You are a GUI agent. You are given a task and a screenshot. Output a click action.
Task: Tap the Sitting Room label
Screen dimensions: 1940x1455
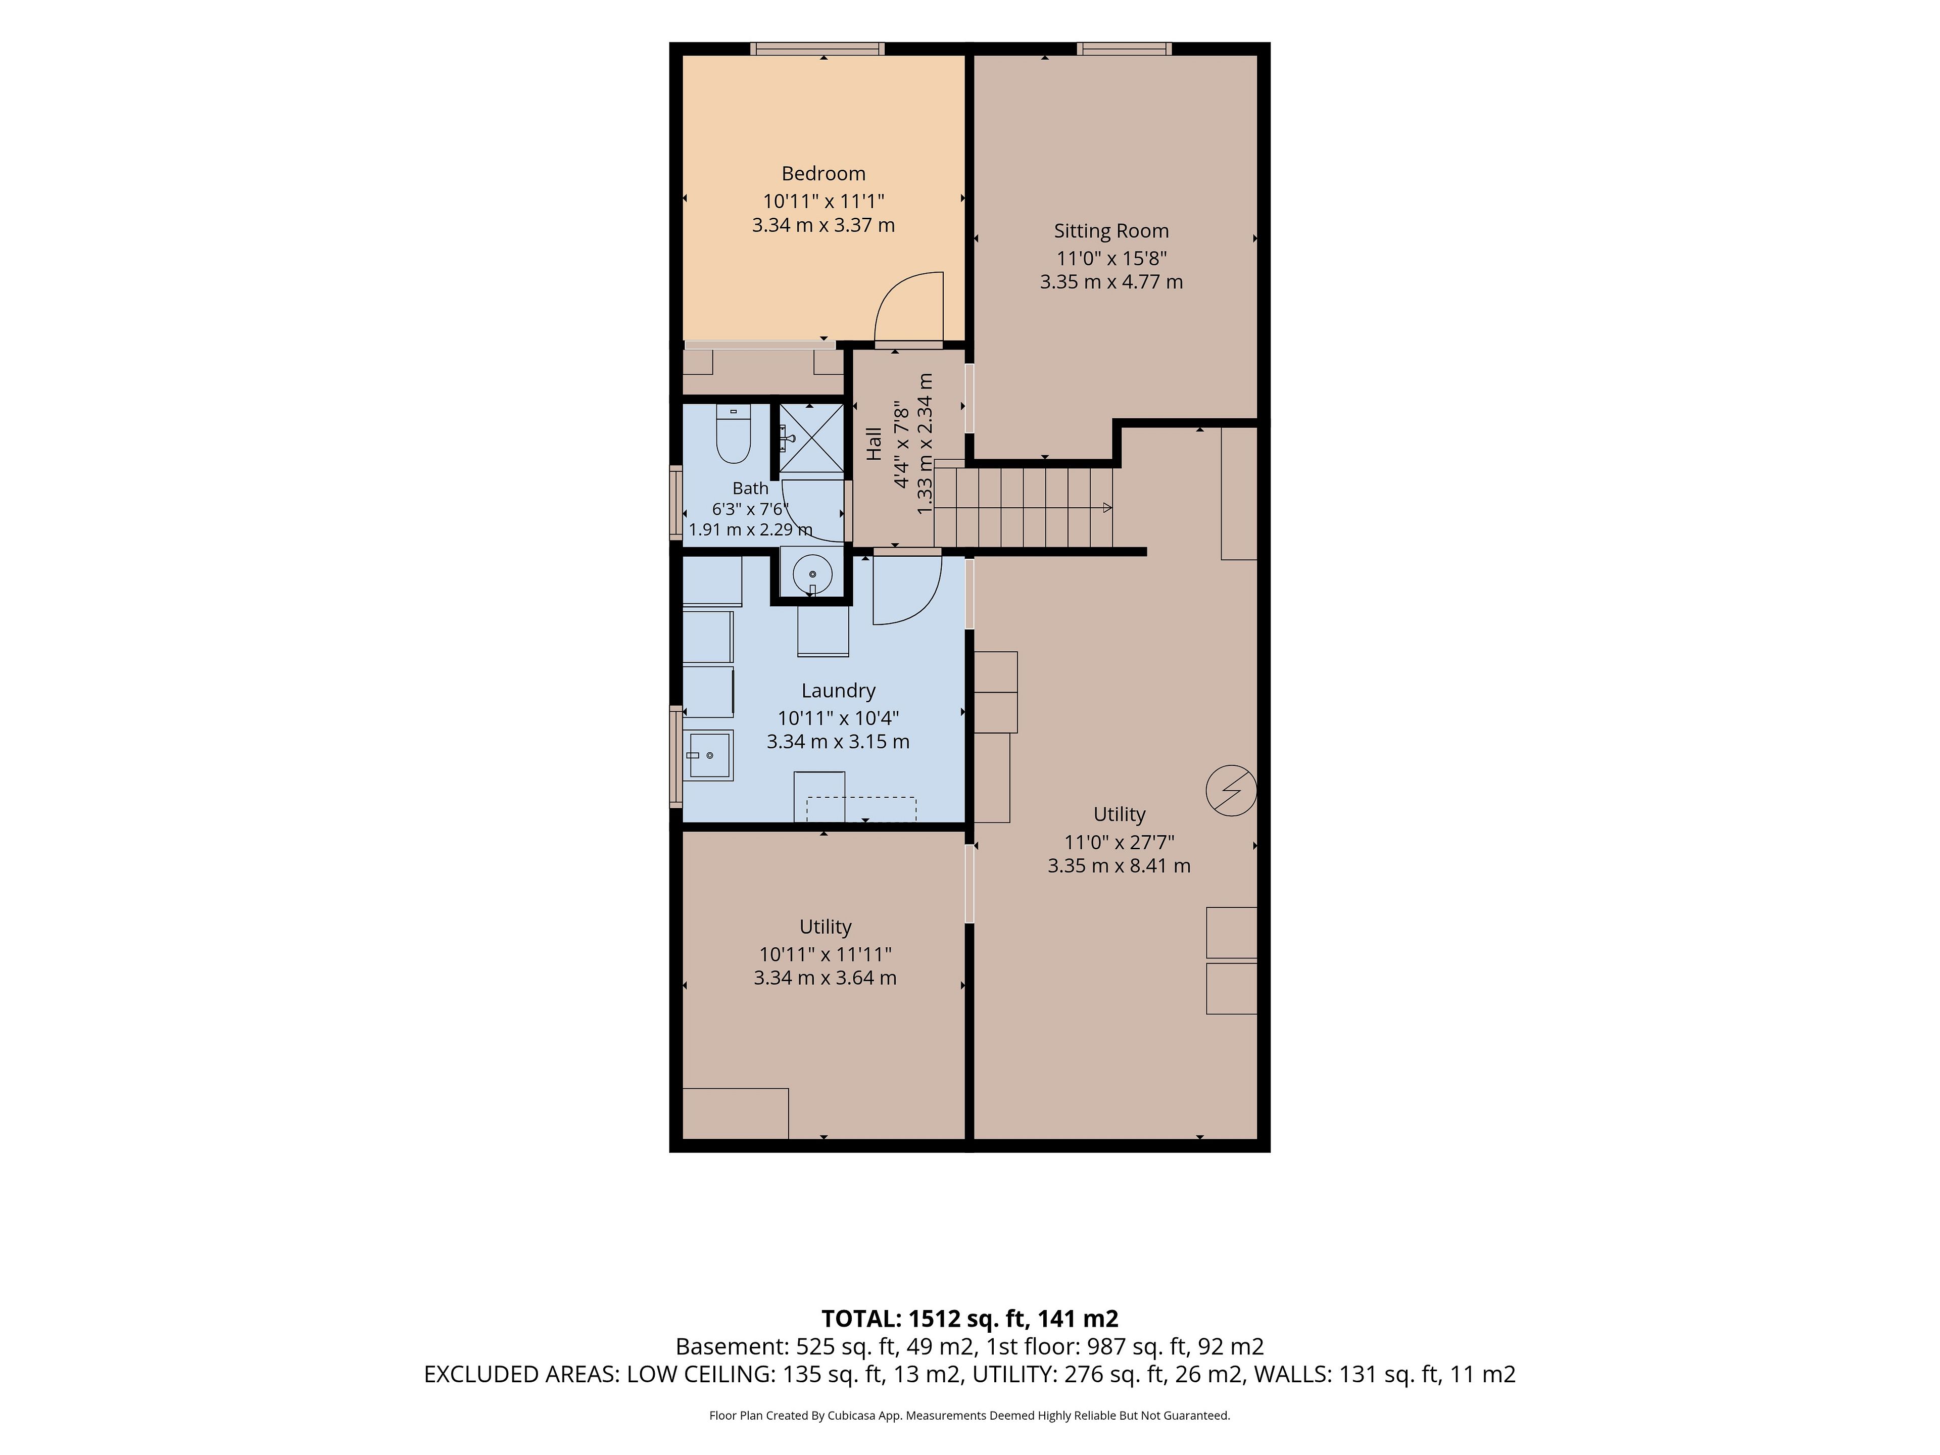tap(1111, 231)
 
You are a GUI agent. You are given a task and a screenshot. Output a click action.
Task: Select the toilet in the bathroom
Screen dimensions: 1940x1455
tap(733, 433)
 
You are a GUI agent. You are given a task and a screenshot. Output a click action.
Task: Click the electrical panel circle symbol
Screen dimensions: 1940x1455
tap(1231, 790)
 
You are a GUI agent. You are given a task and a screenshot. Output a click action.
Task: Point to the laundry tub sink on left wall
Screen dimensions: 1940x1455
tap(709, 755)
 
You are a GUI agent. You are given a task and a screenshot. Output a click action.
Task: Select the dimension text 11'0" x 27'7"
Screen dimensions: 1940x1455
tap(1119, 842)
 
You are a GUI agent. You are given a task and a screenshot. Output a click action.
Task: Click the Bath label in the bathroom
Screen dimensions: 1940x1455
tap(751, 489)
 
